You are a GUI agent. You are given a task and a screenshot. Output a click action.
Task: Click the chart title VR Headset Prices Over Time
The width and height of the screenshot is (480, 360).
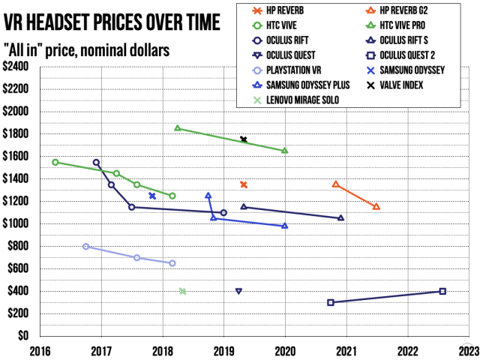[112, 22]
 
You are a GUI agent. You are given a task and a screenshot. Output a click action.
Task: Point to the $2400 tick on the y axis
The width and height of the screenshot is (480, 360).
[16, 66]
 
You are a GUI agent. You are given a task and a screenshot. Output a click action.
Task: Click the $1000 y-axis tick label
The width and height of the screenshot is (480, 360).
[16, 223]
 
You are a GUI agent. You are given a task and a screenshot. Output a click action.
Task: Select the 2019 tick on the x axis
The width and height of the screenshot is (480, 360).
[223, 349]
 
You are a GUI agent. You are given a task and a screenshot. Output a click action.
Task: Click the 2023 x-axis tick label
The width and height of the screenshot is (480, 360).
[466, 349]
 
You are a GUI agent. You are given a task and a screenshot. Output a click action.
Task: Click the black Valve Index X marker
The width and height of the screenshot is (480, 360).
[244, 139]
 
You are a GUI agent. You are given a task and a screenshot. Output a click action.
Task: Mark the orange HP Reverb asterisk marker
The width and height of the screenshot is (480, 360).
[244, 184]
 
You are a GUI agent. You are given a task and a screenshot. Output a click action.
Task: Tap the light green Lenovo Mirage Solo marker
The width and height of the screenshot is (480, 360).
[182, 291]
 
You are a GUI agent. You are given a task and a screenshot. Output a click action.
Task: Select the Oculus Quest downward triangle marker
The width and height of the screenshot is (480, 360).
[238, 291]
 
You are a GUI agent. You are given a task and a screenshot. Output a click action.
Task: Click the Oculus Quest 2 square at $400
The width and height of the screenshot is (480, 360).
[442, 291]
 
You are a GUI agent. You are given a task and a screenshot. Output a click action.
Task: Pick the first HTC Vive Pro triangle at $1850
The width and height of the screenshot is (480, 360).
[178, 128]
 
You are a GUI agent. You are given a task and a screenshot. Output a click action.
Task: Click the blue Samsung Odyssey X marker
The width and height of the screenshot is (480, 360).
[152, 196]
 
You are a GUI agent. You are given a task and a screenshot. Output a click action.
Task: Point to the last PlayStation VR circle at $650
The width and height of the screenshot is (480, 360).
[172, 263]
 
